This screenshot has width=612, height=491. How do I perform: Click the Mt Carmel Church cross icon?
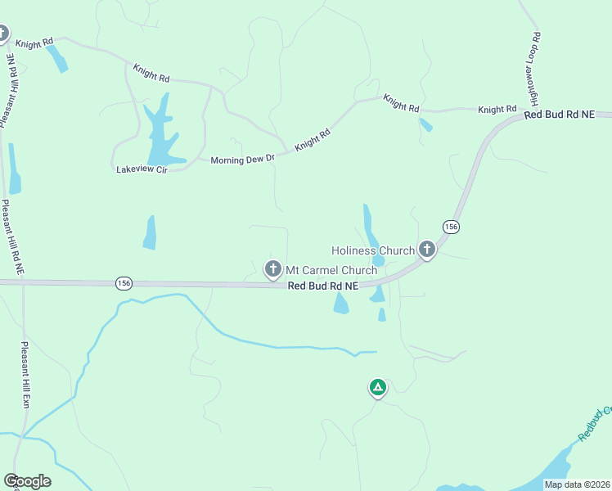click(x=273, y=268)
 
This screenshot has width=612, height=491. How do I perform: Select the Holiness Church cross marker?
click(x=426, y=250)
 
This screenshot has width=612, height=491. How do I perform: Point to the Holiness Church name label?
click(x=372, y=250)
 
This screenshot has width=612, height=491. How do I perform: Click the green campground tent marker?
click(x=377, y=387)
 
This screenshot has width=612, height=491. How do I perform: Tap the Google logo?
click(x=27, y=481)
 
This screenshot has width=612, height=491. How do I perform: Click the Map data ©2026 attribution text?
click(x=576, y=484)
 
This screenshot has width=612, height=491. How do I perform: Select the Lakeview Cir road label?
click(x=142, y=169)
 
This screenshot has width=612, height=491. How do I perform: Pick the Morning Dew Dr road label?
click(x=242, y=160)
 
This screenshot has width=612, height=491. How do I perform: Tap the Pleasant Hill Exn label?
click(x=25, y=375)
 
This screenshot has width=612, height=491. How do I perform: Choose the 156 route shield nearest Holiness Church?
click(x=450, y=226)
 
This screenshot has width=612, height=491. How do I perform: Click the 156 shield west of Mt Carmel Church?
click(x=124, y=283)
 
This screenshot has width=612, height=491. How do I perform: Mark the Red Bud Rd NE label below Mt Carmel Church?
click(x=323, y=286)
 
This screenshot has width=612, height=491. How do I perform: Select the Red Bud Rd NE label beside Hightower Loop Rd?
click(x=559, y=115)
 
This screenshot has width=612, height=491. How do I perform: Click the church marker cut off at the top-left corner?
click(x=2, y=34)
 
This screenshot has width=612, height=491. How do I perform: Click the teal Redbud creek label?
click(x=595, y=424)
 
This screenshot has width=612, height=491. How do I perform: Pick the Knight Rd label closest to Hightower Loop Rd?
click(x=497, y=109)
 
